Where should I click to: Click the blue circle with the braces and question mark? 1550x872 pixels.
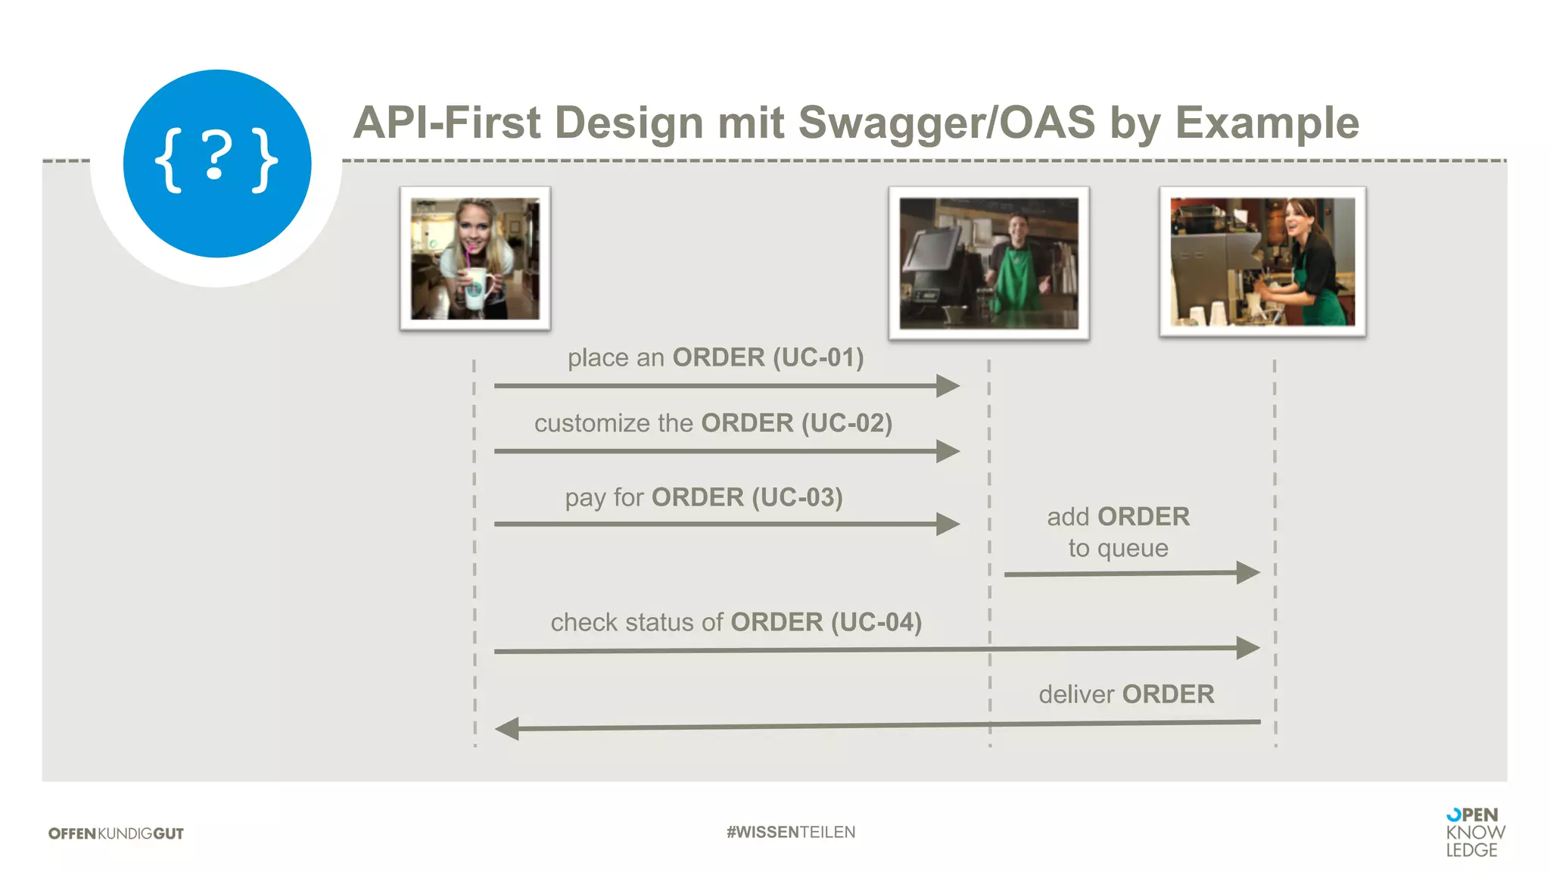217,163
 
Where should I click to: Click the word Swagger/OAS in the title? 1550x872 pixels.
947,123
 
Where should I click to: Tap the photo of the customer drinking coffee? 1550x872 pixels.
475,258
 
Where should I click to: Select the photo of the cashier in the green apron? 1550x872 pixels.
988,263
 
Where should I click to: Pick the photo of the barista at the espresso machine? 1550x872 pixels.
1262,261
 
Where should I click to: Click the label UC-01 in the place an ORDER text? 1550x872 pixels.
818,357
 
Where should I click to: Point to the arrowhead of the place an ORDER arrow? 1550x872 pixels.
948,386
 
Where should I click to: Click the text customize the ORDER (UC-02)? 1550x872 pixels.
713,423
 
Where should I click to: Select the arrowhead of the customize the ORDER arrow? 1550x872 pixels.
948,451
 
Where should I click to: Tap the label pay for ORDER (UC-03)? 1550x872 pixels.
704,497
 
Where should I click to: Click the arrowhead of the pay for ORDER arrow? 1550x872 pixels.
948,524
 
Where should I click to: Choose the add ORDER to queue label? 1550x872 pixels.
1118,532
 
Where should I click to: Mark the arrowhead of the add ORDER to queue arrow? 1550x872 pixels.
1248,572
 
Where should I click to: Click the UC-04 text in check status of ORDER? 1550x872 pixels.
876,622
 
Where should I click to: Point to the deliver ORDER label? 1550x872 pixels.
1126,694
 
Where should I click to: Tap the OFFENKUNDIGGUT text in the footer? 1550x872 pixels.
116,833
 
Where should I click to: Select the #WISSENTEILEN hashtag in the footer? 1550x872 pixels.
791,832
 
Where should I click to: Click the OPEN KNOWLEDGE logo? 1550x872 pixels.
1474,833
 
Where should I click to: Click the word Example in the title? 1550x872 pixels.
1267,123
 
